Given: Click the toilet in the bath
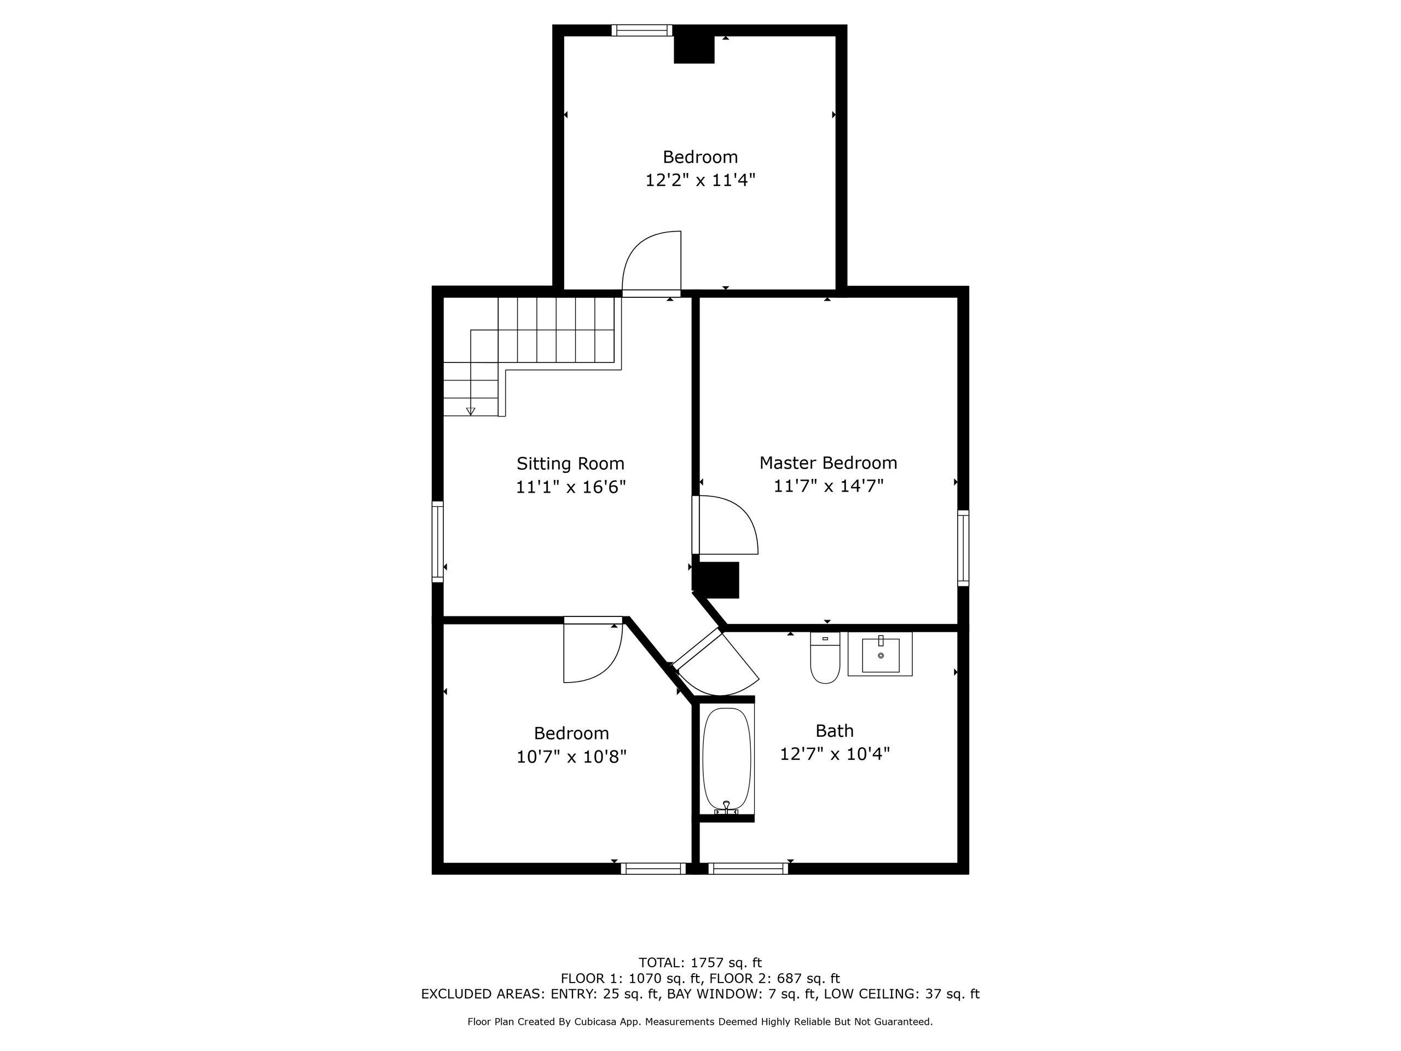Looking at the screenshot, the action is point(825,657).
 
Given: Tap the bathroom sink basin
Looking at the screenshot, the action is point(881,655).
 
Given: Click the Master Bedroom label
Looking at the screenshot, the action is point(829,463).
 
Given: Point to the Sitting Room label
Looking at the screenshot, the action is point(571,464).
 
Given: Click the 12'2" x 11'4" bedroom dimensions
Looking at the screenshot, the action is point(700,181).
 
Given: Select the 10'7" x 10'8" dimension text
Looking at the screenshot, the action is point(571,757).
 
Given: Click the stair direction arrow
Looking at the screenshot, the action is point(471,411).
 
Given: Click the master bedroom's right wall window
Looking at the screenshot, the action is point(963,548).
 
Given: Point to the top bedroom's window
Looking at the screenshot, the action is point(641,30).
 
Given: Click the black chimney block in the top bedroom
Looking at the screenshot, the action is point(694,49).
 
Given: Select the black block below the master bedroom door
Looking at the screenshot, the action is point(717,580).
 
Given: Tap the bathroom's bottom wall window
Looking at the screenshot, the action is point(748,869).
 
